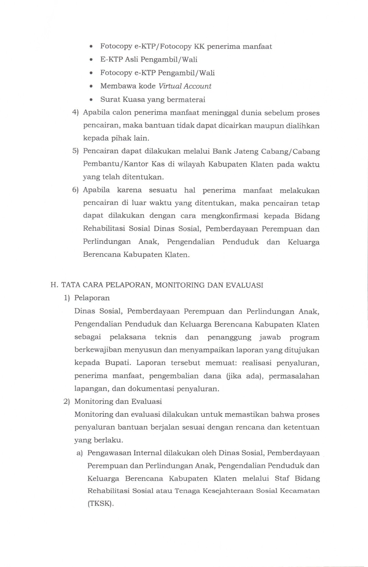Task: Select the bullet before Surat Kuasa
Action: [91, 100]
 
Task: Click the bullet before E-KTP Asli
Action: [91, 60]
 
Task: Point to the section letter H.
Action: [54, 285]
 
